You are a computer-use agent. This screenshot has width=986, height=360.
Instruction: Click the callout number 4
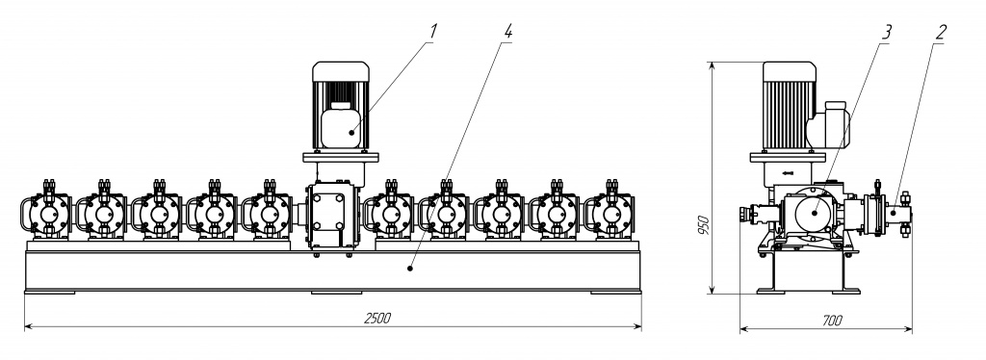tap(507, 31)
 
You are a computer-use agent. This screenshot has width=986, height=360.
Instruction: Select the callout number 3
tap(886, 32)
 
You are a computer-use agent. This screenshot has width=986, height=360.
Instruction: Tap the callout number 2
tap(940, 32)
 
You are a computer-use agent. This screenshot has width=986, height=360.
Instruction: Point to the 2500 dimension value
tap(377, 318)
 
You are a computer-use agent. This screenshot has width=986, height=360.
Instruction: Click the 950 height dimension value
tap(704, 225)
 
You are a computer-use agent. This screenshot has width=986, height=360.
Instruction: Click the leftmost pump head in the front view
tap(45, 211)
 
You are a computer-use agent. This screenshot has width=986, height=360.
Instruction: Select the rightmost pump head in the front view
tap(609, 211)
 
